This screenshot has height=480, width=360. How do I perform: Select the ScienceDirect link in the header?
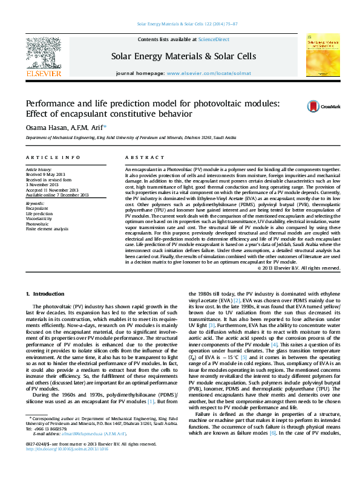214,39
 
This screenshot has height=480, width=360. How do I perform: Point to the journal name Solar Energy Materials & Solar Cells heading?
183,56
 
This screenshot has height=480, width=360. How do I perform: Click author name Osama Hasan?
42,127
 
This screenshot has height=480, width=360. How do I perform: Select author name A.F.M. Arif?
87,127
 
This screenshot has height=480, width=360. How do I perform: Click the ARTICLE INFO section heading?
53,157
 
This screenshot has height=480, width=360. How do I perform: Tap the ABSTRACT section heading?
139,157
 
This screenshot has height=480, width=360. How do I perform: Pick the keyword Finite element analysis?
46,229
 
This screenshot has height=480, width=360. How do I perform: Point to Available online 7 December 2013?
57,195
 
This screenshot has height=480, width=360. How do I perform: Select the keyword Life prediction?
39,213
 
